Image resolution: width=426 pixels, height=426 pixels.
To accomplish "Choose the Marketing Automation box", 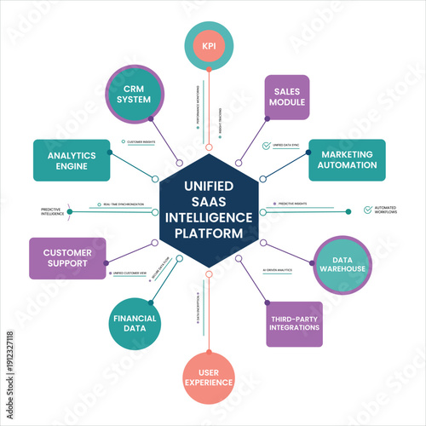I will coord(341,159).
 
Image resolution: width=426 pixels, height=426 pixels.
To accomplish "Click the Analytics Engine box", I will coord(72,161).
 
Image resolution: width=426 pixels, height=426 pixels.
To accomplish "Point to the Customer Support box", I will coord(67,258).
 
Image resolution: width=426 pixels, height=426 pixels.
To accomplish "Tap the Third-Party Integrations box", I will coord(294,325).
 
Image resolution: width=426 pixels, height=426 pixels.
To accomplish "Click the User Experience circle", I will coord(208,377).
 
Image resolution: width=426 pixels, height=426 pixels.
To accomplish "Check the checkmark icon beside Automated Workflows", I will coord(367,209).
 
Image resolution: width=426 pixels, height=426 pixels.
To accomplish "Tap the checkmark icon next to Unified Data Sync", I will coord(267,146).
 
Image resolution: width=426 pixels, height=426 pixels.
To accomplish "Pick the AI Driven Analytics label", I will coord(278,269).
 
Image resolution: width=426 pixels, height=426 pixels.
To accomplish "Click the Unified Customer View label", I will coord(130,273).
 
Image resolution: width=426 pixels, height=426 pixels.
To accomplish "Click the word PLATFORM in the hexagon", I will coord(208,233).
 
